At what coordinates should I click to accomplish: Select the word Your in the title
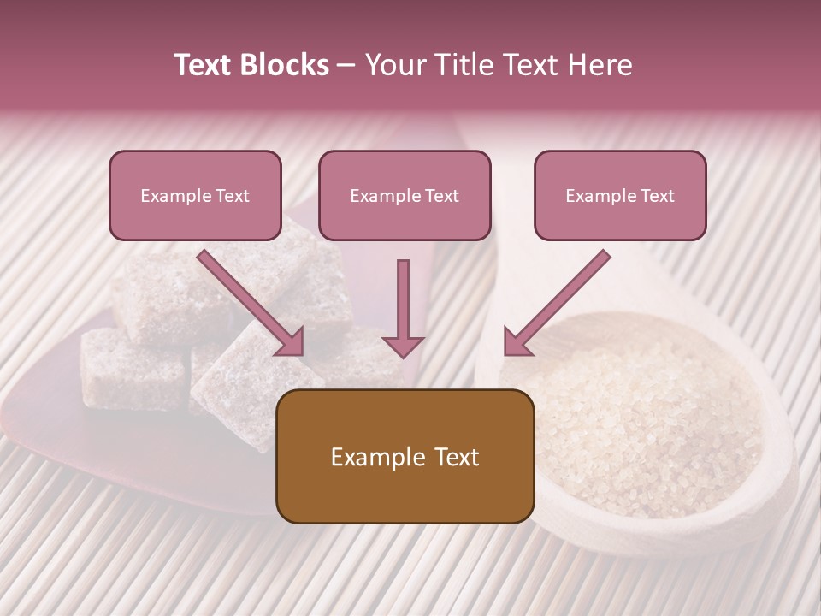(397, 65)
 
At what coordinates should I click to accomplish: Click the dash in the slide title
(346, 66)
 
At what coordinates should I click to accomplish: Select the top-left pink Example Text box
(195, 195)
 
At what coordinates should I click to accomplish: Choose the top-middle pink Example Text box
(405, 195)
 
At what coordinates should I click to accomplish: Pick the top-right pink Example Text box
(620, 195)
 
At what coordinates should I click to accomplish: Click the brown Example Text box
(405, 456)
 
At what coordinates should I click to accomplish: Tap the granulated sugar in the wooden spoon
(650, 428)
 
